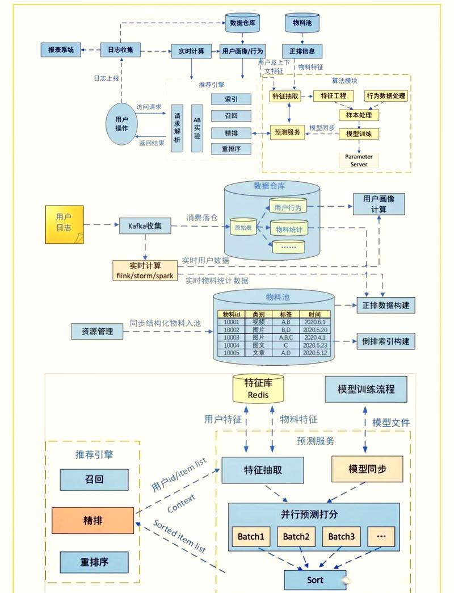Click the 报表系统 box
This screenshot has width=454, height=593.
click(61, 49)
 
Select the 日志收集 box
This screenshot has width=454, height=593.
click(121, 49)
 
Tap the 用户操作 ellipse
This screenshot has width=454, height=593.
click(121, 124)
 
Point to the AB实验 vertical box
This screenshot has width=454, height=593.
click(197, 128)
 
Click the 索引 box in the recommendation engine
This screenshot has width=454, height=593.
click(231, 99)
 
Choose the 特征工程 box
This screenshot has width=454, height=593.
click(334, 96)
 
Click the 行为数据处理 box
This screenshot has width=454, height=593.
click(386, 96)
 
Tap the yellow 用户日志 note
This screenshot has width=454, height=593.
click(64, 224)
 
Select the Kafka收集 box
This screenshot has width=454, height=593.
click(145, 225)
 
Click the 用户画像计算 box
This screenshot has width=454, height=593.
click(379, 204)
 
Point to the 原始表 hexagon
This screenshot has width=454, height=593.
click(242, 227)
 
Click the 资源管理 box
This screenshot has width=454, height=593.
click(97, 331)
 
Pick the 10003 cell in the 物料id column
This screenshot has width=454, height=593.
click(232, 337)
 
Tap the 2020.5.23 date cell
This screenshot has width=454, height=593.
click(315, 345)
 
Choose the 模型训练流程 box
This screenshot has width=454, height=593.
click(365, 390)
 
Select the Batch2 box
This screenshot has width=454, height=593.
click(296, 537)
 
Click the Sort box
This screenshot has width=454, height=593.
click(315, 580)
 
